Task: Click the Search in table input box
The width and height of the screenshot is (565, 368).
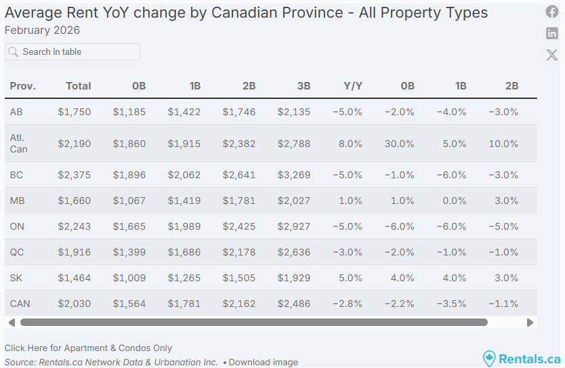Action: (72, 52)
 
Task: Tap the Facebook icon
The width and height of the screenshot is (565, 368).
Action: (552, 12)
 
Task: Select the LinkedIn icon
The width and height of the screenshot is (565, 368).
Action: (552, 33)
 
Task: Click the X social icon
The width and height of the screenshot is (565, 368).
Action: (552, 55)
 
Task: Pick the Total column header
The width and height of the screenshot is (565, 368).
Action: (79, 86)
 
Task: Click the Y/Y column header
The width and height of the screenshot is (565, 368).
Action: (353, 86)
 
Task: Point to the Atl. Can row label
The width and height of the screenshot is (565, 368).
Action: (19, 143)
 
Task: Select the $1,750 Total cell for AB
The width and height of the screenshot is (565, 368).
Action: (75, 112)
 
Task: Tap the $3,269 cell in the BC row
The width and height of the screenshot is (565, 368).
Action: (294, 175)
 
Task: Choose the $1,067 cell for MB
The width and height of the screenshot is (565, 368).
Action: (129, 201)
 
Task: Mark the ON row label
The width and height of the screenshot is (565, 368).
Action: (17, 226)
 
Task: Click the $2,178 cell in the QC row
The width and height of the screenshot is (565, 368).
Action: (239, 252)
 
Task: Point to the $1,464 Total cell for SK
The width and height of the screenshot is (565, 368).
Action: (75, 278)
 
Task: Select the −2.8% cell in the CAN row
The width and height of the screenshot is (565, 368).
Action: (348, 304)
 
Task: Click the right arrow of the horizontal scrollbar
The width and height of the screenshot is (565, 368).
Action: (530, 323)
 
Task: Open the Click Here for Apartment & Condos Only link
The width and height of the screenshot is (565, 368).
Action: (88, 348)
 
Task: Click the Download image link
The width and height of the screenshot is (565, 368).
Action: (263, 362)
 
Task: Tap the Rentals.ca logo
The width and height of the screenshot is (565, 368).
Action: (522, 359)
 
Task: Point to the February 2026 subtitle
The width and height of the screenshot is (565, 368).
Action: (42, 30)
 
